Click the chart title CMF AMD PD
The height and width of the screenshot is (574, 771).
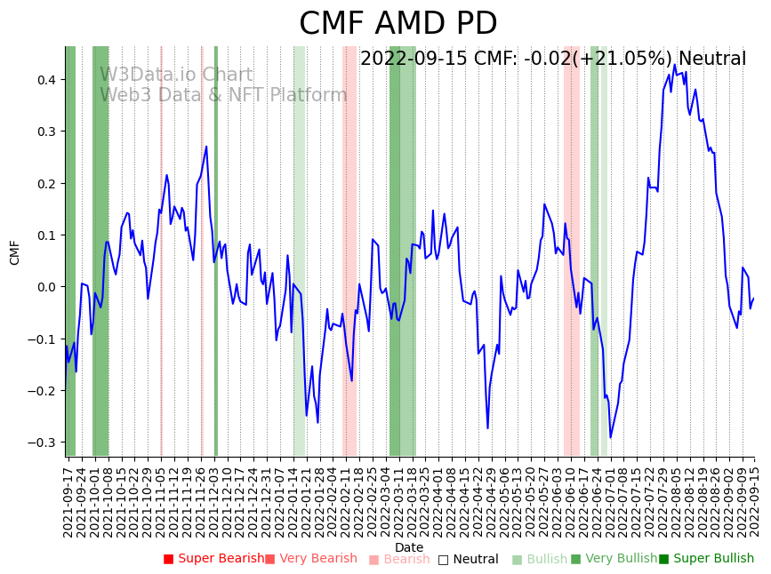(x=398, y=24)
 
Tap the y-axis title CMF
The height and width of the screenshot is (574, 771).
(x=15, y=252)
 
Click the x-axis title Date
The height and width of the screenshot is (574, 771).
(x=409, y=547)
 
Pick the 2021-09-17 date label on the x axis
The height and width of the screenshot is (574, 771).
(x=68, y=499)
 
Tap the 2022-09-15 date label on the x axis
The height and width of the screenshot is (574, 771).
(x=754, y=499)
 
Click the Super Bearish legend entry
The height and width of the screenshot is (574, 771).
(x=214, y=559)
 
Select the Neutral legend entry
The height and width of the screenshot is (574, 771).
(x=469, y=560)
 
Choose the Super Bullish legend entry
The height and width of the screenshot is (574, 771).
(x=707, y=559)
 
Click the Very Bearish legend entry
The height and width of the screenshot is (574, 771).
(x=311, y=559)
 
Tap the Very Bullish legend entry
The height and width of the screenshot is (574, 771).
(x=614, y=559)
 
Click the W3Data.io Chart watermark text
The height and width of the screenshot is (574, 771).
(x=176, y=75)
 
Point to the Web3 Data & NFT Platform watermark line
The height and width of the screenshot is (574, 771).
(x=223, y=95)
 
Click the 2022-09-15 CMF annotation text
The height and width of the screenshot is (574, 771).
(x=552, y=60)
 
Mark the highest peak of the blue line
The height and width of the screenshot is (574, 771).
(x=675, y=65)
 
